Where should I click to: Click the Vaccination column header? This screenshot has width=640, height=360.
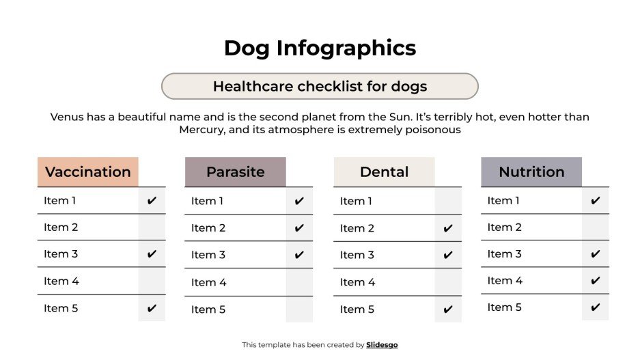(x=87, y=172)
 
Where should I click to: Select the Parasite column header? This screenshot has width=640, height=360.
(x=235, y=172)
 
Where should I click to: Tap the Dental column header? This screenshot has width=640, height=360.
(x=384, y=172)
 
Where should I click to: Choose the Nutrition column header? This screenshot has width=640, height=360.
(x=531, y=172)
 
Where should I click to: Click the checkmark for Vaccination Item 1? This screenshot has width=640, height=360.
(x=152, y=200)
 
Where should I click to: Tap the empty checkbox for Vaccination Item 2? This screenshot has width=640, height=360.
(x=152, y=227)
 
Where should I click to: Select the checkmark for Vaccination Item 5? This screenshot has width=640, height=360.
(x=152, y=308)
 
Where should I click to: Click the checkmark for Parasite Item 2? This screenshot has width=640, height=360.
(x=299, y=228)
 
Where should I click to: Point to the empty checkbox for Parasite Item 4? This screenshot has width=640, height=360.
(x=299, y=282)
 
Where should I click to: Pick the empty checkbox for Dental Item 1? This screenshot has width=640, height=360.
(x=448, y=201)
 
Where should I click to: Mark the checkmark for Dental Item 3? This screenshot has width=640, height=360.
(x=448, y=255)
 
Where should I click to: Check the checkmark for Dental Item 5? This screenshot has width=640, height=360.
(x=448, y=309)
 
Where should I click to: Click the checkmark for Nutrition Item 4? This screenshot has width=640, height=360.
(x=596, y=281)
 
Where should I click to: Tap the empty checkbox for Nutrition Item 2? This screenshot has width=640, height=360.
(x=596, y=227)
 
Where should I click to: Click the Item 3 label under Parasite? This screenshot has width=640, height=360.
(x=208, y=255)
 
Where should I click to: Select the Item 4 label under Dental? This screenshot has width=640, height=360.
(x=357, y=282)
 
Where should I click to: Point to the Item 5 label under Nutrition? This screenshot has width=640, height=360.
(x=505, y=307)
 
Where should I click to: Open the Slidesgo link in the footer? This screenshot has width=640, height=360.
(x=382, y=345)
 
